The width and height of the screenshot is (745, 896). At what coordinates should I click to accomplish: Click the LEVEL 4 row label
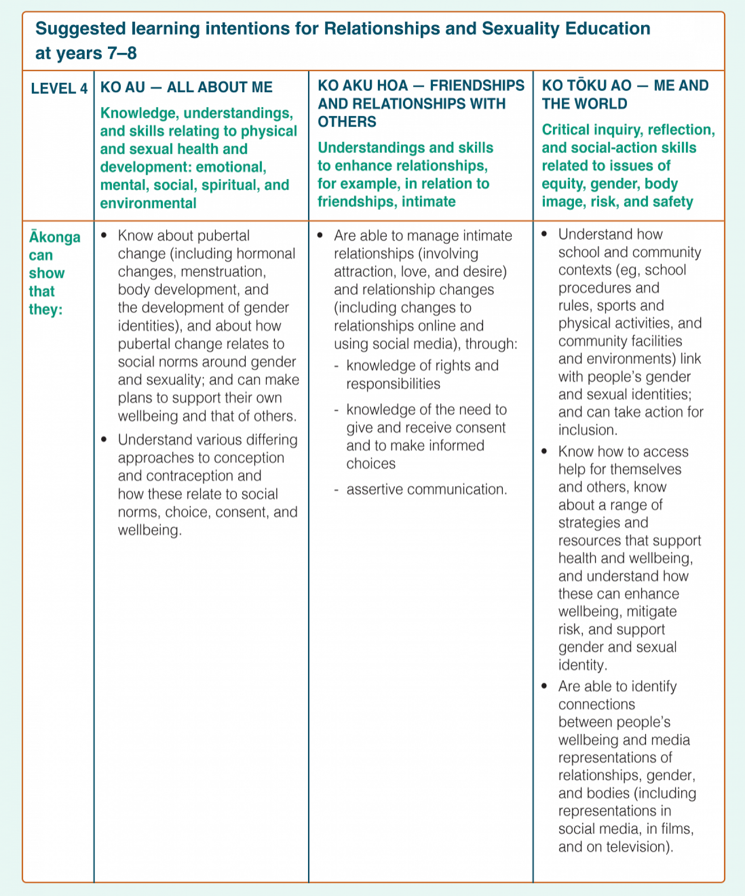59,88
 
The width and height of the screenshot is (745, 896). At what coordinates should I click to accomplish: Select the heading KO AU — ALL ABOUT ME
186,87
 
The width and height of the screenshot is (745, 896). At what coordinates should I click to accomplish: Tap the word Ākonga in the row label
55,237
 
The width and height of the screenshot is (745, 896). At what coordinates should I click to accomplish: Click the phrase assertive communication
426,489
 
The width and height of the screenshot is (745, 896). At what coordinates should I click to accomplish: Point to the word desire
486,271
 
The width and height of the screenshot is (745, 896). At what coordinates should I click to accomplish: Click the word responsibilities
393,384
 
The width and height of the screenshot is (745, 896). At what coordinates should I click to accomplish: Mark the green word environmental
148,203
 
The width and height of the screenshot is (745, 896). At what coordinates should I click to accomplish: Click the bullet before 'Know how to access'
544,451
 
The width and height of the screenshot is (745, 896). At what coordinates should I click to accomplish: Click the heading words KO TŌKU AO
587,85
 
